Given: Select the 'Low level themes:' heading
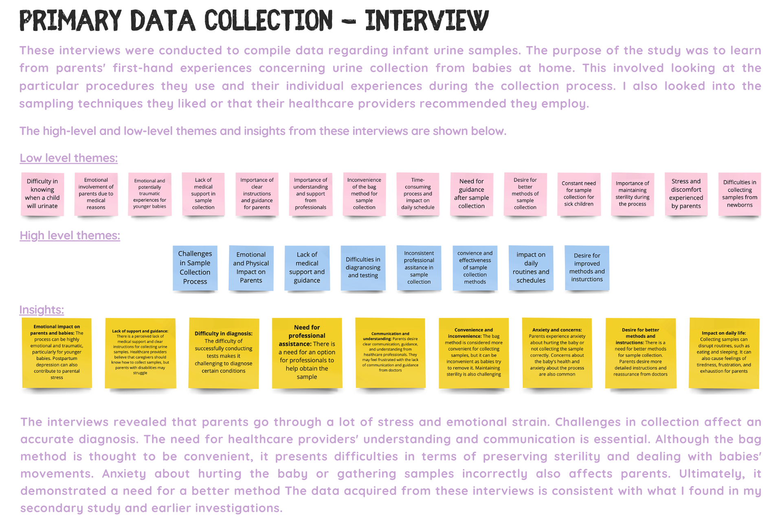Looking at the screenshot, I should [x=68, y=158].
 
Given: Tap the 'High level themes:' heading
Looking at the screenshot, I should [x=70, y=235].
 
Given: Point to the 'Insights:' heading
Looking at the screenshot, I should [x=42, y=310].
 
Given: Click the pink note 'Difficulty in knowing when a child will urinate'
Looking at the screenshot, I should [x=42, y=194].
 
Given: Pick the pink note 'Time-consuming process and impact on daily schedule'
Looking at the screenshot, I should [x=418, y=194].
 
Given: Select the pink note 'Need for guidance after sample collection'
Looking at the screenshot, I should [x=472, y=194].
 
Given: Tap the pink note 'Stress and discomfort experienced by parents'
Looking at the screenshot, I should [x=686, y=194].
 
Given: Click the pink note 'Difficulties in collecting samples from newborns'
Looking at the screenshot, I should [x=740, y=194].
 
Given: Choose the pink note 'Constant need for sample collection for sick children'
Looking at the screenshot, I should [x=579, y=194].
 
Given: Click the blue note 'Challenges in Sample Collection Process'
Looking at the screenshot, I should [x=195, y=268].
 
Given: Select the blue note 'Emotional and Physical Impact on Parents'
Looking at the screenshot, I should [x=251, y=268].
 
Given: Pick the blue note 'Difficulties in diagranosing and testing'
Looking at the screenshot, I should [x=363, y=268].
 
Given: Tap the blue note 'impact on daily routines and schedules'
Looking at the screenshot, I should [x=531, y=268].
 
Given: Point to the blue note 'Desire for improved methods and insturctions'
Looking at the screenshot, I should [x=587, y=268].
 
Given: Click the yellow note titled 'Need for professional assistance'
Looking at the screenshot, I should [x=307, y=352].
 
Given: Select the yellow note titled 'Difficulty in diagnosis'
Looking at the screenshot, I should [x=223, y=352].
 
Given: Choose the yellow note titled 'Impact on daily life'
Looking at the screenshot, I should [x=724, y=352].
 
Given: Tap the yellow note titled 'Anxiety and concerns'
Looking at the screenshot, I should [x=557, y=352].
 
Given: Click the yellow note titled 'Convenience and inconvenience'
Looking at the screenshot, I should [x=473, y=352].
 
